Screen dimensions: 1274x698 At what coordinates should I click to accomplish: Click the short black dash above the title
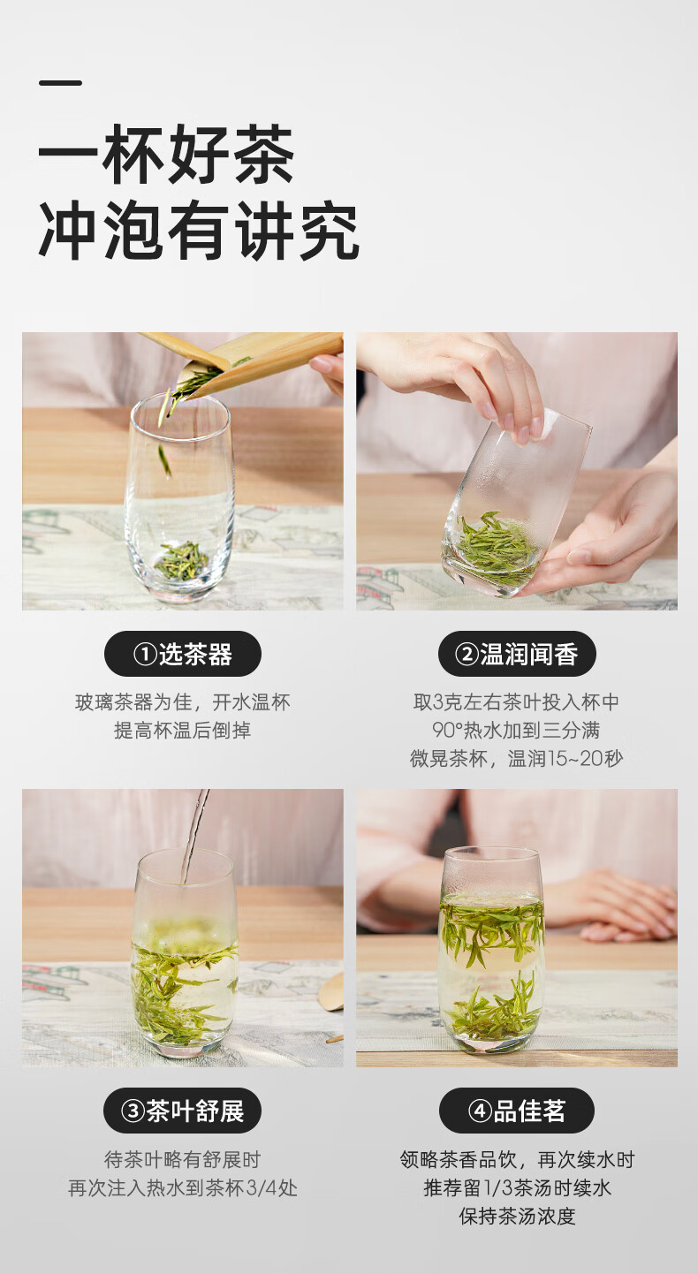click(x=60, y=83)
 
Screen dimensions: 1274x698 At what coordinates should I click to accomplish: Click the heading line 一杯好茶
click(x=166, y=156)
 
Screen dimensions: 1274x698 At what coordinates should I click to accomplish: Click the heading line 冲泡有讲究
click(x=199, y=232)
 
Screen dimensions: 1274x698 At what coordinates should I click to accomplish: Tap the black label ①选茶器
click(x=183, y=655)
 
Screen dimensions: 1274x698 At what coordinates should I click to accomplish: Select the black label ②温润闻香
click(x=517, y=655)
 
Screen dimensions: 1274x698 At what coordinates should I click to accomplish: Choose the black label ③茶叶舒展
click(x=183, y=1111)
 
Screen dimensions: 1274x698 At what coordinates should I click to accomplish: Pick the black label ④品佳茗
click(x=517, y=1111)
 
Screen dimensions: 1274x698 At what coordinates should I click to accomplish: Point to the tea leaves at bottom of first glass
click(x=181, y=561)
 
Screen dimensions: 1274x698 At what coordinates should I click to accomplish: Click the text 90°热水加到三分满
click(x=517, y=731)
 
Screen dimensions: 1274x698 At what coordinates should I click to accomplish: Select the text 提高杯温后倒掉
click(x=183, y=731)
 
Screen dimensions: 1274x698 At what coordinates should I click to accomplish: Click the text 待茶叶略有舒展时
click(x=183, y=1160)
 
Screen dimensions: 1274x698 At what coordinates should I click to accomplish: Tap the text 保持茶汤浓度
click(x=517, y=1217)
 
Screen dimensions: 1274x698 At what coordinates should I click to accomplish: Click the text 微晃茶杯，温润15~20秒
click(x=517, y=759)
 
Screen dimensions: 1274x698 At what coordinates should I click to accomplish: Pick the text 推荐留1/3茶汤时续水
click(x=517, y=1188)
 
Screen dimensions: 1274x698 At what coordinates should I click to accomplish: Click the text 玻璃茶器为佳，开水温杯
click(x=183, y=702)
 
